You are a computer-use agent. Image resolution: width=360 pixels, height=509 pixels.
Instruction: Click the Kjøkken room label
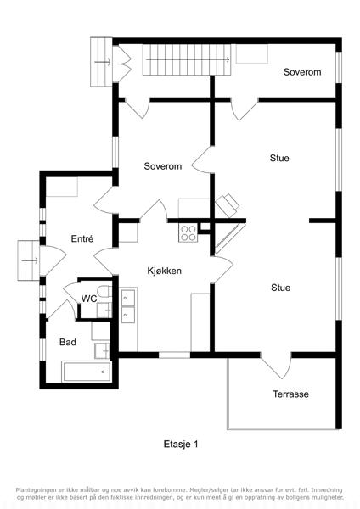coord(164,271)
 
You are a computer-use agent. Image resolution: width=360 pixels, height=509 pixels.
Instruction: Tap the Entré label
coord(82,238)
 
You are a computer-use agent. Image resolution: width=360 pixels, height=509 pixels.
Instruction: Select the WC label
coord(88,299)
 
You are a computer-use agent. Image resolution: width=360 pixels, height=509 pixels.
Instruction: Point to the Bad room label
coord(68,342)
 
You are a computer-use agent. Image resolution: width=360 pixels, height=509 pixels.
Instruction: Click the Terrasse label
coord(290,394)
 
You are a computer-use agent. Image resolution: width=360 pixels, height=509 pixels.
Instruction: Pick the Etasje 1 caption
coord(181,444)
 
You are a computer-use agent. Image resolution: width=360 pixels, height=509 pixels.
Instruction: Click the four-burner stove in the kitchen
coord(188,233)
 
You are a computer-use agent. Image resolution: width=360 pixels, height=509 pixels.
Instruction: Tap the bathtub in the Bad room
coord(87,372)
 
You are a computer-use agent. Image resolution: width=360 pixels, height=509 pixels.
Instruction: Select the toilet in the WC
coord(104,292)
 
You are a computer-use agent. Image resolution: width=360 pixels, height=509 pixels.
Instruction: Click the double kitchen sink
coord(128,306)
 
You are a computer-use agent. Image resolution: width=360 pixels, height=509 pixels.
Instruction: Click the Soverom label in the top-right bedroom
coord(302,72)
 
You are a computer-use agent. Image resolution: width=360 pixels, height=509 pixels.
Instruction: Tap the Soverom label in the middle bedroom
coord(163,166)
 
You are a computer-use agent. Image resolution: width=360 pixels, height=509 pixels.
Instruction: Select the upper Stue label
coord(279,158)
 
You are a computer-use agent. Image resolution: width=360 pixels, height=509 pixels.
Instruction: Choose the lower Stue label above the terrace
coord(281,288)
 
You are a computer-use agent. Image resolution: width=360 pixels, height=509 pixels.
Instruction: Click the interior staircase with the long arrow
coord(187,59)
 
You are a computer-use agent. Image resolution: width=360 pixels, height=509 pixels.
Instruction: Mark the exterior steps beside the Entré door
coord(29,260)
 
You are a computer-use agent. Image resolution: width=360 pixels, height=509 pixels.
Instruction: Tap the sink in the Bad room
coord(102,350)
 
